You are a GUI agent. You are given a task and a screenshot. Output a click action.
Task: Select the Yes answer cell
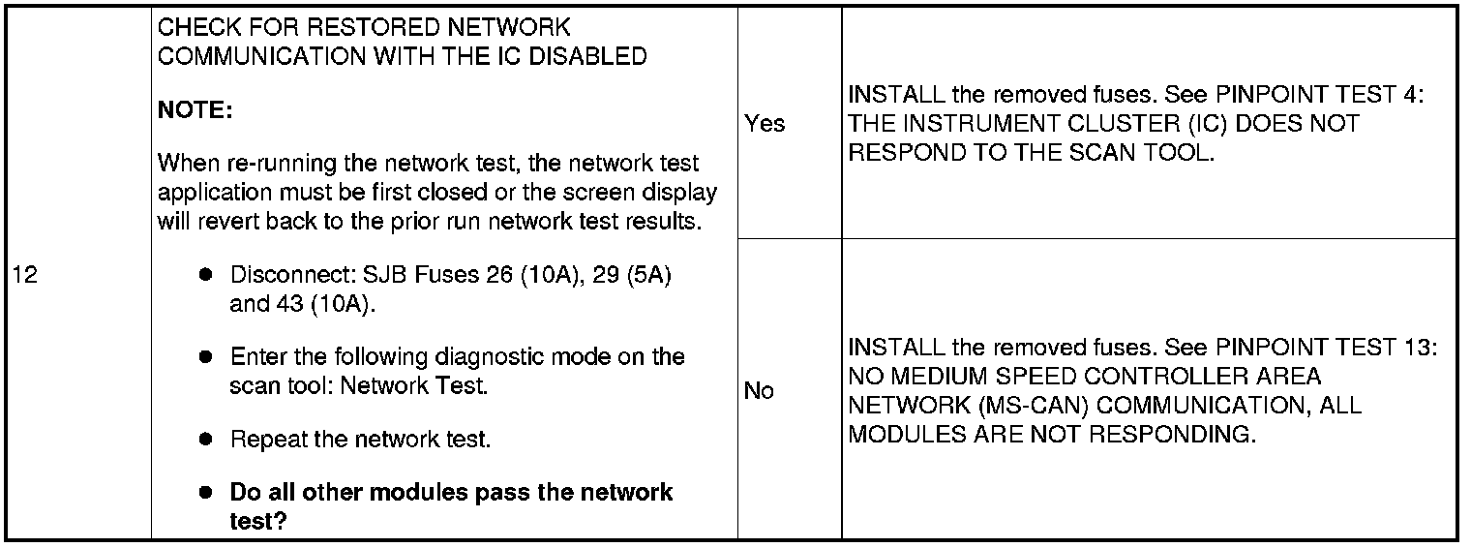[765, 124]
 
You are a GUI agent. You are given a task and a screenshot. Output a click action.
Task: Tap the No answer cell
[759, 391]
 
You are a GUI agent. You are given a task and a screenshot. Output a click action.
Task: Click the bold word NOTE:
[195, 110]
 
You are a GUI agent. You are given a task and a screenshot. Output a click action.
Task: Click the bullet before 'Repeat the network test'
[205, 439]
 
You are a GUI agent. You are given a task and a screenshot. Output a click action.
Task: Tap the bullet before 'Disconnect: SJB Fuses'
[205, 274]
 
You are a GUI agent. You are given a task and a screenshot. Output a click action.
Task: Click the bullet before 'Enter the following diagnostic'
[205, 356]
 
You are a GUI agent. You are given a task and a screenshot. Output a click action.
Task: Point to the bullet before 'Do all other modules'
[205, 491]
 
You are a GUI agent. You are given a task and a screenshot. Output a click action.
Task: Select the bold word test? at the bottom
[258, 521]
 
